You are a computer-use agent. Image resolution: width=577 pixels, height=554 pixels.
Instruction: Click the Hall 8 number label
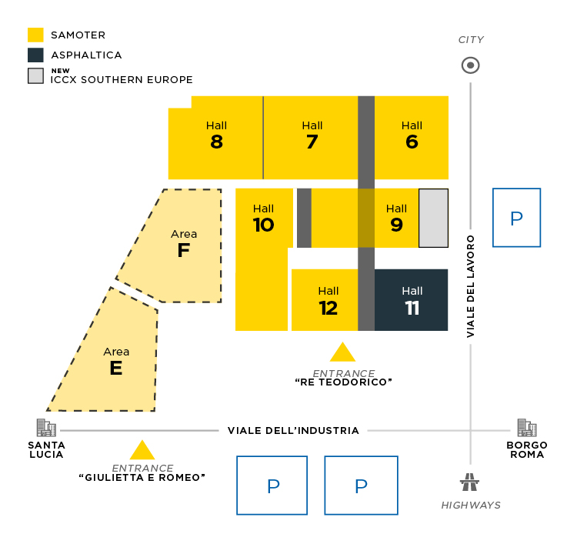tap(216, 142)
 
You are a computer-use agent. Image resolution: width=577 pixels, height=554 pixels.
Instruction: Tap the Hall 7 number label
tap(312, 142)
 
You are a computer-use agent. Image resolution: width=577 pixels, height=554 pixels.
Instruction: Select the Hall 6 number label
tap(412, 142)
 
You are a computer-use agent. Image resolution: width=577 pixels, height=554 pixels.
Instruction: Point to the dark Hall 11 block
tap(412, 300)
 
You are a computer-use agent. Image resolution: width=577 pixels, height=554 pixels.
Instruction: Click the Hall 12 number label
tap(329, 308)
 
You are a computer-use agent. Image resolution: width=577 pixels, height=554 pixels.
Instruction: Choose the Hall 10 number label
tap(263, 225)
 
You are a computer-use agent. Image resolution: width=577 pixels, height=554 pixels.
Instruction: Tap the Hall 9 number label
tap(396, 225)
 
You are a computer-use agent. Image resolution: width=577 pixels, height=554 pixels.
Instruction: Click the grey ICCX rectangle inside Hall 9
tap(433, 218)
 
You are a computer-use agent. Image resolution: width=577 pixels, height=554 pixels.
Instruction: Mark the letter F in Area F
tap(183, 251)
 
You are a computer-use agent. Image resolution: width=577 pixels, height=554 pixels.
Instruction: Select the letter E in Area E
tap(116, 369)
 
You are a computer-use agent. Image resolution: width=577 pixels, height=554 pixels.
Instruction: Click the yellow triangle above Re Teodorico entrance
tap(342, 353)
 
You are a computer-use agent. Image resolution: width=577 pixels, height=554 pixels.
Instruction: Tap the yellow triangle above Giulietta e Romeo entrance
tap(142, 451)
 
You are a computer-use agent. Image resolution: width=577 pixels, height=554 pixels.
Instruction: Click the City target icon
tap(470, 65)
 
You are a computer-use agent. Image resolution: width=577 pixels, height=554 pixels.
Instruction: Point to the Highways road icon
tap(469, 483)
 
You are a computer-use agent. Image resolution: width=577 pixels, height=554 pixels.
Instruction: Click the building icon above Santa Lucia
tap(46, 428)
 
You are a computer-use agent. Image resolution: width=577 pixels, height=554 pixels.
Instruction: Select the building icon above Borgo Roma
tap(527, 428)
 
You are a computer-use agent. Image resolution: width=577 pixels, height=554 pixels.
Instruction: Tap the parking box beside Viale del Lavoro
tap(516, 218)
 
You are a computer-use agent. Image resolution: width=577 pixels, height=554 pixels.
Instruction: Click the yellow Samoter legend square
tap(35, 35)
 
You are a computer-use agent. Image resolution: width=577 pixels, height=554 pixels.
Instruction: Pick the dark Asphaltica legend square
tap(35, 55)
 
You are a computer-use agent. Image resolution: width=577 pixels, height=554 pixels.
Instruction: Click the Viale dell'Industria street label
tap(293, 430)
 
